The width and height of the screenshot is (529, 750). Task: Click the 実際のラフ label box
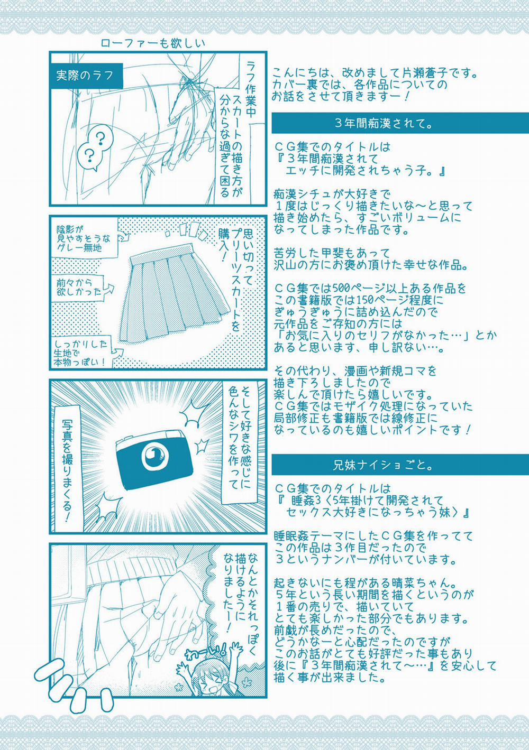[x=86, y=76]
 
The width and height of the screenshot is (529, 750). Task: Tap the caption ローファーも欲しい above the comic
[x=153, y=44]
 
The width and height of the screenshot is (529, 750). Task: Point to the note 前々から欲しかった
[x=80, y=288]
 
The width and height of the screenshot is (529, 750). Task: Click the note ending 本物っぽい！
[x=81, y=353]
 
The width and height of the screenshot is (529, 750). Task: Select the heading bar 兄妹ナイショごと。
[x=400, y=465]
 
